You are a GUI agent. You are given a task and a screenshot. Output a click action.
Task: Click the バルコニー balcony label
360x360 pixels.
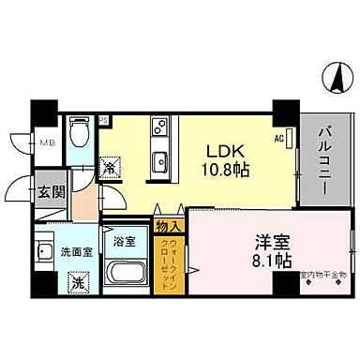click(x=322, y=158)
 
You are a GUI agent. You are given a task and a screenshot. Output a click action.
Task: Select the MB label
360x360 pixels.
click(x=44, y=142)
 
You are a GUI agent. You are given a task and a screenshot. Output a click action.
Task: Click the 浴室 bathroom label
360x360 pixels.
click(x=125, y=241)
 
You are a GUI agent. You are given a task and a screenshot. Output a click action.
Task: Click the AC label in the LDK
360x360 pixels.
click(x=278, y=140)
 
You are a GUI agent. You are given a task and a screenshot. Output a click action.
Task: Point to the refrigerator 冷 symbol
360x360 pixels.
click(x=112, y=169)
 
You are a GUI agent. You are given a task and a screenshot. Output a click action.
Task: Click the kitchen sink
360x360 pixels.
click(x=158, y=157)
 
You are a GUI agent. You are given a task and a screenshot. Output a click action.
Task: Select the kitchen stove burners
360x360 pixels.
click(x=158, y=126)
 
